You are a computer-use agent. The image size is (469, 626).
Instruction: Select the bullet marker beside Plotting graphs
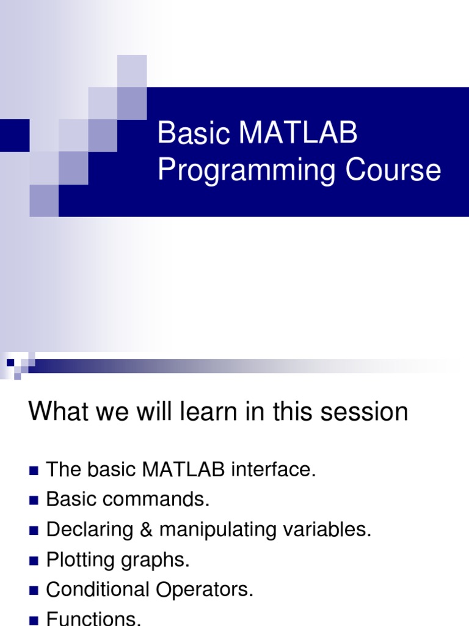click(34, 560)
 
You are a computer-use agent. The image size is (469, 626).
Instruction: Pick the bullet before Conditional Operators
click(34, 591)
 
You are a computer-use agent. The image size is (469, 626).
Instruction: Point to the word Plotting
click(81, 560)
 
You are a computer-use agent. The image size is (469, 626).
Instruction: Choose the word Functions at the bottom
click(93, 619)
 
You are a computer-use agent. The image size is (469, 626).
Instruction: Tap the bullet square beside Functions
click(34, 620)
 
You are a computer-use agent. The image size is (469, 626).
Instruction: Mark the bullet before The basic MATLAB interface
click(34, 471)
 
